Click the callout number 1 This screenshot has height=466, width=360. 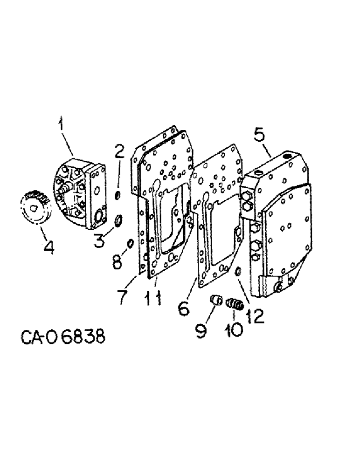click(x=61, y=127)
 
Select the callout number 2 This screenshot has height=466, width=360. click(x=119, y=151)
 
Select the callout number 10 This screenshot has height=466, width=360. click(x=234, y=330)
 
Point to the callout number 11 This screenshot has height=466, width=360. click(x=154, y=298)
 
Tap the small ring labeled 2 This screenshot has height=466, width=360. click(x=118, y=195)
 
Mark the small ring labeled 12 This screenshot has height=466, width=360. click(x=237, y=271)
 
